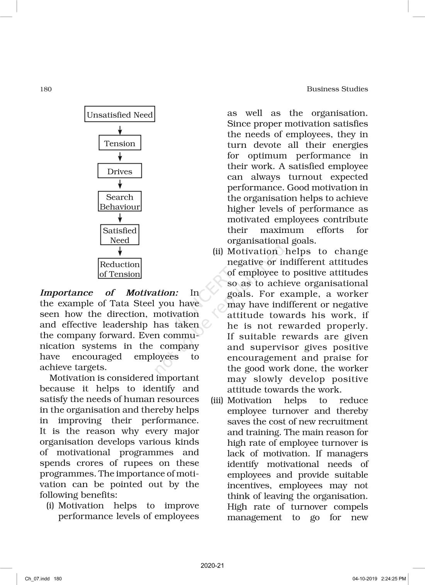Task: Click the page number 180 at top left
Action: coord(46,89)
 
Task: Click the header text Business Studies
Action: coord(337,89)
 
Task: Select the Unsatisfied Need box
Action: coord(120,115)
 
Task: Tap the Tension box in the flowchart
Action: coord(120,143)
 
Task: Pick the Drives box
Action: coord(120,171)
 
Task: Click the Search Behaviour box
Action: coord(120,202)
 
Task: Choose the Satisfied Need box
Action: coord(120,235)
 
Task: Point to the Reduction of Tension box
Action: coord(120,269)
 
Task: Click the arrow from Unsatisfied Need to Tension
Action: coord(120,129)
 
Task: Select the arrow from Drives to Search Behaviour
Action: coord(120,185)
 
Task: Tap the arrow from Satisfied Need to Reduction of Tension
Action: coord(120,251)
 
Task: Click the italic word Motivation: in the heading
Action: coord(152,293)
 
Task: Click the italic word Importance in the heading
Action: coord(66,293)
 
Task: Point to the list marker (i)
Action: coord(50,506)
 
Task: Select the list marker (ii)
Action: coord(218,251)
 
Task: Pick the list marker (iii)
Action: coord(217,400)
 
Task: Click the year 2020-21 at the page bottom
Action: coord(212,566)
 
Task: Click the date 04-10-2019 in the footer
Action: coord(364,579)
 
